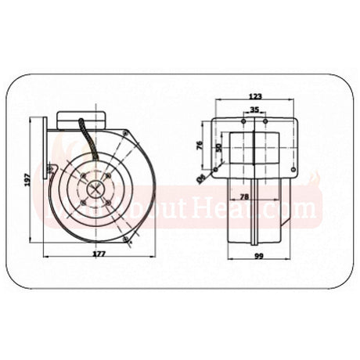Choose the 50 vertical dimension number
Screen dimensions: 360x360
click(220, 146)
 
